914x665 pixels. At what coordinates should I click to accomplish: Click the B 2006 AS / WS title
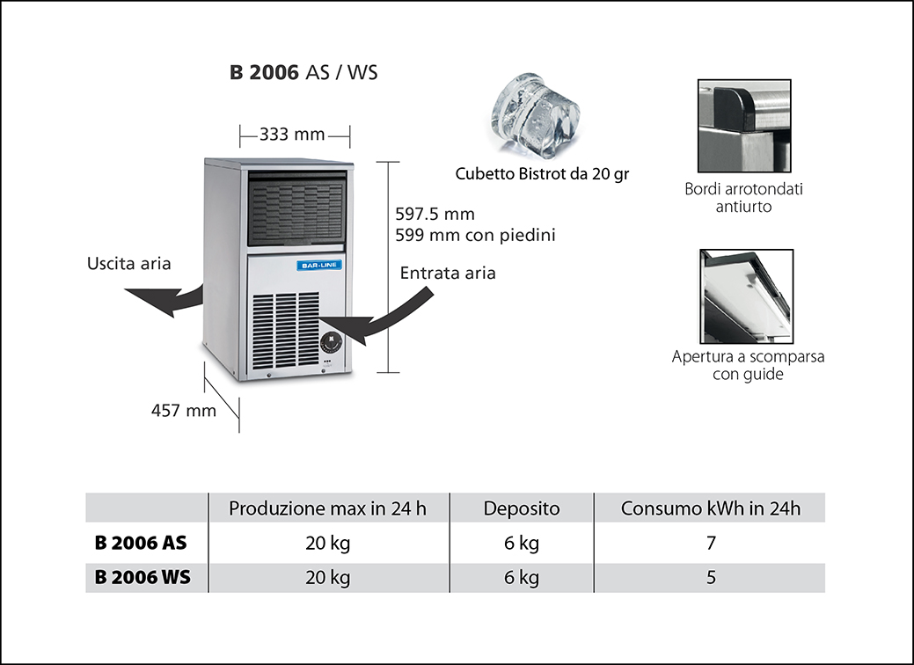tap(303, 73)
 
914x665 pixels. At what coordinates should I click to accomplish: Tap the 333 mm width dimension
tap(292, 135)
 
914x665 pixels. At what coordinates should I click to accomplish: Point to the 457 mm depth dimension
tap(183, 410)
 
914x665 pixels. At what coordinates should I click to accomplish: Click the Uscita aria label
tap(129, 263)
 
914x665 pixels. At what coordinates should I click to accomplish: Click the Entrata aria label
tap(448, 273)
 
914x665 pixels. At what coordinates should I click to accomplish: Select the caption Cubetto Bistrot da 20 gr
tap(542, 174)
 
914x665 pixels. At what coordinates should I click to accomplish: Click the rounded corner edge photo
tap(744, 127)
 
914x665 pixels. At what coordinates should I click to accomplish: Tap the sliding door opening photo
tap(746, 296)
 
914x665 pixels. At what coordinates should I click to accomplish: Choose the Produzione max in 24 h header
tap(328, 508)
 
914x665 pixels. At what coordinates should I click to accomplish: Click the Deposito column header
tap(522, 508)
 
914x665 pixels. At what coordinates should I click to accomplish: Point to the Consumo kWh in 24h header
tap(711, 508)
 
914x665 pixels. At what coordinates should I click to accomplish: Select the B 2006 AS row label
tap(141, 543)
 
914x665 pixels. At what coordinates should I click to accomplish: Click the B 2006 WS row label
tap(141, 578)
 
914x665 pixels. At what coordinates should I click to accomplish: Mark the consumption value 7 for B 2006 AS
tap(711, 543)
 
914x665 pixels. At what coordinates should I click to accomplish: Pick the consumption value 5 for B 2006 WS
tap(711, 578)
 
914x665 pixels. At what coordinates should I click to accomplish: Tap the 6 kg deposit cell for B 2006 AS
tap(522, 543)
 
